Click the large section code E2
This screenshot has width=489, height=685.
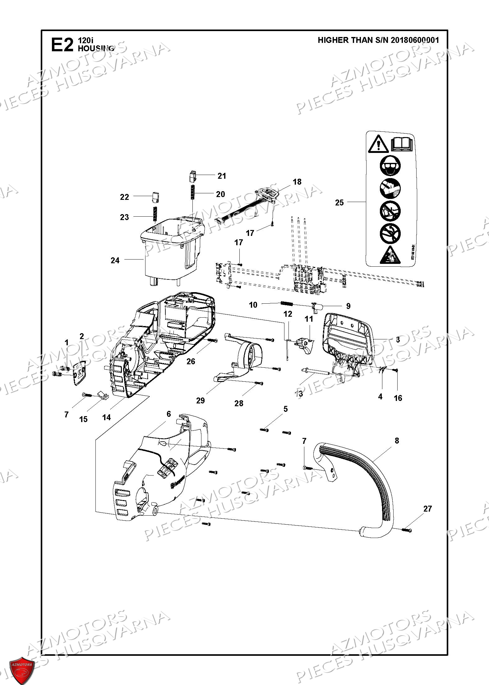[x=62, y=45]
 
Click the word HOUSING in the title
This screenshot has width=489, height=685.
[x=96, y=48]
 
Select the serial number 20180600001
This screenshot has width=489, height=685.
[x=415, y=40]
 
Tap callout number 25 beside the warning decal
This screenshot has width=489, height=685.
[x=339, y=202]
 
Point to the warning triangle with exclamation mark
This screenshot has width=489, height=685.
[x=378, y=145]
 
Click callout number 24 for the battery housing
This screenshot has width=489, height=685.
[x=115, y=260]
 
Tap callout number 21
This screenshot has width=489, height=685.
[x=222, y=176]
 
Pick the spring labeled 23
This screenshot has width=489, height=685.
[x=155, y=215]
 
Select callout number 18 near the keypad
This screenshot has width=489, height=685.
[x=297, y=182]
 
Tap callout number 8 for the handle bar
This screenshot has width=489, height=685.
[x=397, y=441]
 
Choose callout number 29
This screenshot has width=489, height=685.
[x=201, y=400]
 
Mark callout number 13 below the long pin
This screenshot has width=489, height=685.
[x=299, y=393]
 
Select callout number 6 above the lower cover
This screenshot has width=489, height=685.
[x=169, y=414]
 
